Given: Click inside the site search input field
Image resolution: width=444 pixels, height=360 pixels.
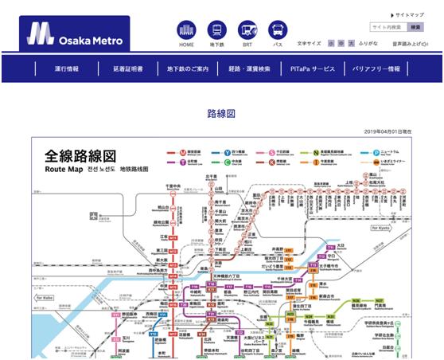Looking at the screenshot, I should [388, 27].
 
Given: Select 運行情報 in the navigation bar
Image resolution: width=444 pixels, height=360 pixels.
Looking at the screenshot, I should [67, 68].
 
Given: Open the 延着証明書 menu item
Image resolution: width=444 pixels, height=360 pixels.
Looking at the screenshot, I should [128, 68].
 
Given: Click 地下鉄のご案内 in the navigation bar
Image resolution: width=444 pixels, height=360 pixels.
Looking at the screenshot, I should [189, 68].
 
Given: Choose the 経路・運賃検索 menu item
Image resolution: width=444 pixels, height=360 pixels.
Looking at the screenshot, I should [250, 68].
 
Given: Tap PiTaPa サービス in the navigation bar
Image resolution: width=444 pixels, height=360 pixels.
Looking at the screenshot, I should [313, 68].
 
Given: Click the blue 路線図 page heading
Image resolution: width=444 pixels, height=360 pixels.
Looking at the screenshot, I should [221, 113].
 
